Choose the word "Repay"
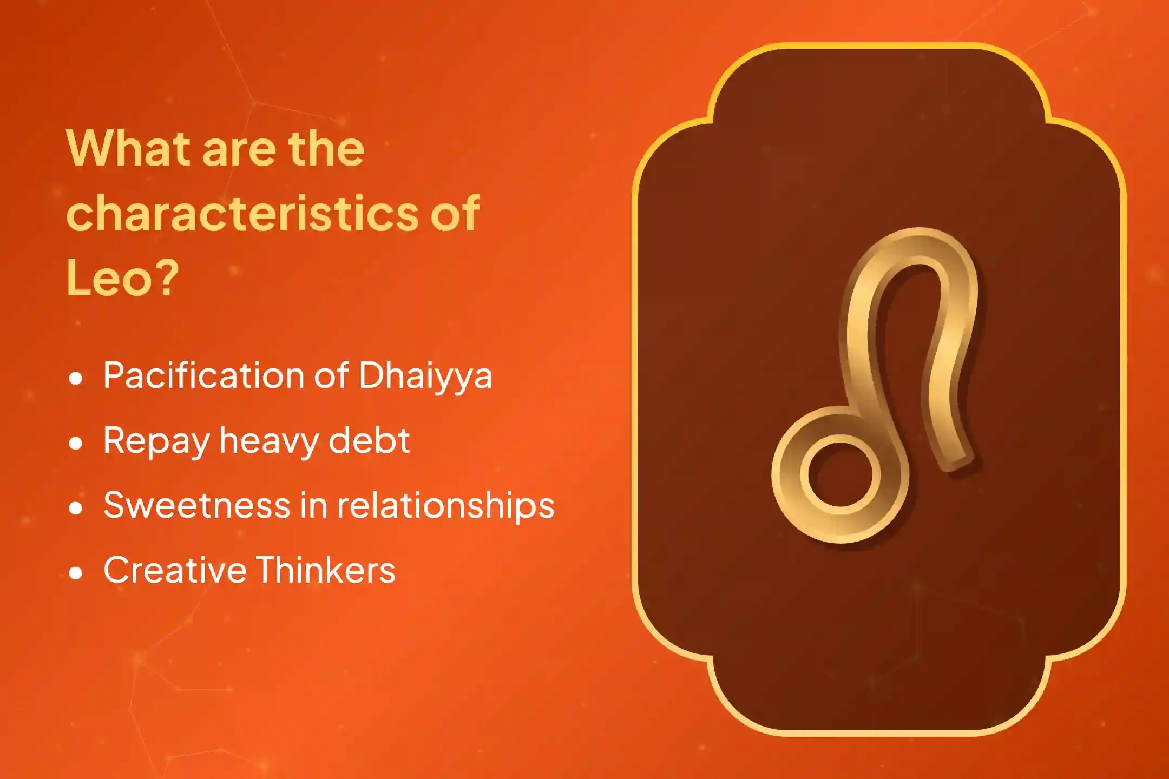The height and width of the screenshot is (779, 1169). (156, 441)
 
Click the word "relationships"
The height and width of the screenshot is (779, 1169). (446, 506)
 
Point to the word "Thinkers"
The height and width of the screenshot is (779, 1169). (325, 570)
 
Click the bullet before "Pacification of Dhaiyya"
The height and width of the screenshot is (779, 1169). (76, 378)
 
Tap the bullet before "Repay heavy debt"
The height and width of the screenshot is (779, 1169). (76, 443)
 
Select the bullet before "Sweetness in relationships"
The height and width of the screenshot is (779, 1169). (76, 508)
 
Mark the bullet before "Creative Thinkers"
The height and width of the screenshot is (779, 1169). (76, 573)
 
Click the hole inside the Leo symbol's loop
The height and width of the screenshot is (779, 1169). (840, 474)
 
